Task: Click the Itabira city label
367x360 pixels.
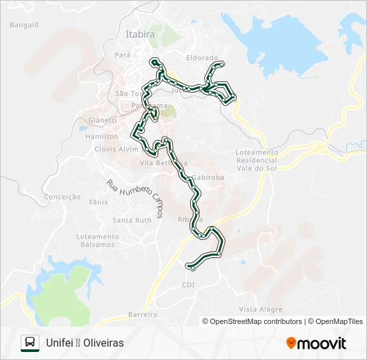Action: tap(140, 34)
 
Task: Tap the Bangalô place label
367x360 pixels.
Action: tap(25, 25)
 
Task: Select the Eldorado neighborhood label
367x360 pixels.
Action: tap(202, 58)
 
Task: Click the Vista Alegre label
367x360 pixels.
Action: tap(260, 309)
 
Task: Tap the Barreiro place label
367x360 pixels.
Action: tap(141, 314)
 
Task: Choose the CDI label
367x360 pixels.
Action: tap(188, 285)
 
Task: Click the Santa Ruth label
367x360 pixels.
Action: tap(132, 220)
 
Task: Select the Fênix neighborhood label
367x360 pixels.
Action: tap(98, 202)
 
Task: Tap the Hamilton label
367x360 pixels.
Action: tap(102, 135)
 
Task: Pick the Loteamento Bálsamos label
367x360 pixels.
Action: tap(97, 241)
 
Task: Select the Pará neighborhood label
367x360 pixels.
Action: tap(123, 55)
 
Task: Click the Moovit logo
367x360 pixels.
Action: tap(316, 343)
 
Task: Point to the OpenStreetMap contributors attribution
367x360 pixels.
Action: tap(252, 321)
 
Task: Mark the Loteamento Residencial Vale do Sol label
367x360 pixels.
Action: tap(256, 161)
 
